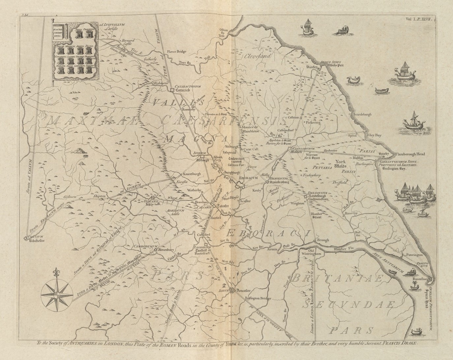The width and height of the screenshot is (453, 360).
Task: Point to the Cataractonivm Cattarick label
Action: (x=186, y=87)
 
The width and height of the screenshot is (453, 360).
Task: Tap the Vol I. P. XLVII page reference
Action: (x=421, y=20)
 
